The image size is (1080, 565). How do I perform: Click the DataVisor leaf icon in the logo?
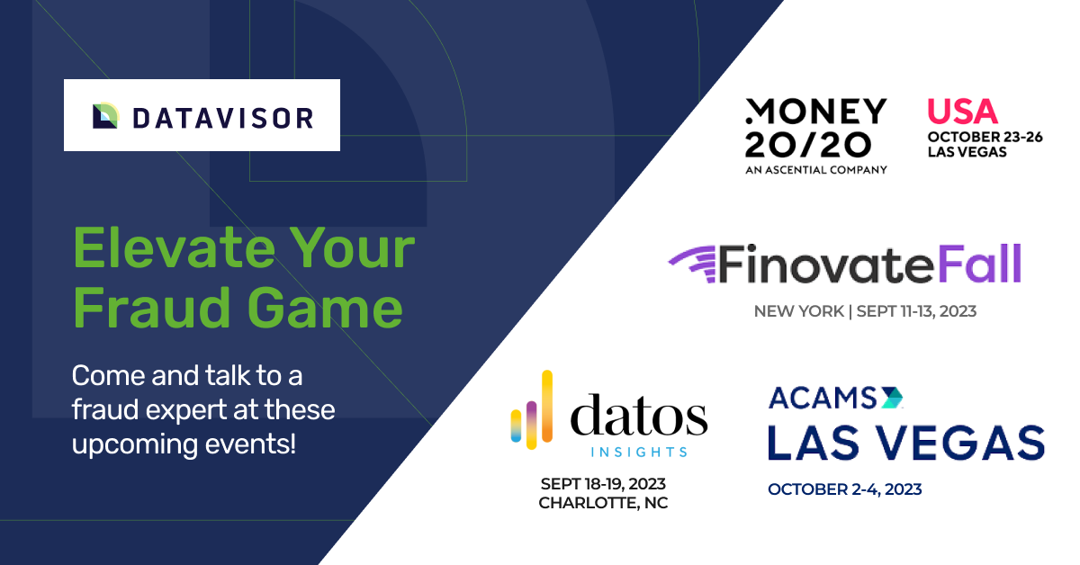click(106, 116)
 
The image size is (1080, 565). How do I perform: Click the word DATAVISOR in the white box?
click(223, 119)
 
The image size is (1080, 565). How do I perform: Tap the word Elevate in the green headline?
click(175, 248)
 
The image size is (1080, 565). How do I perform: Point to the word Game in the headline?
click(325, 308)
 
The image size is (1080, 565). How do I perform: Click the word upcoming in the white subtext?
click(134, 444)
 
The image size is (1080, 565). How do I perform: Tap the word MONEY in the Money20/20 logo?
click(815, 112)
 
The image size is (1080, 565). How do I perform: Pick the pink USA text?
click(962, 112)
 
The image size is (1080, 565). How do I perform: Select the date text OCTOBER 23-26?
click(985, 138)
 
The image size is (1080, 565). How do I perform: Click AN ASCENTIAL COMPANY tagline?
click(816, 170)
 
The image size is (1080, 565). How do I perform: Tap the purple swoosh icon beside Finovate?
click(691, 264)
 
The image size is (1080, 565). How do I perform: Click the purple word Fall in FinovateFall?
click(979, 264)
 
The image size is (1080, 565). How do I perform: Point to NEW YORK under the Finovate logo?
click(799, 311)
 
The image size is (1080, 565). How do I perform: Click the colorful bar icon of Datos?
click(531, 409)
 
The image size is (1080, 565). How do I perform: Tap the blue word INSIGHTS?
click(639, 453)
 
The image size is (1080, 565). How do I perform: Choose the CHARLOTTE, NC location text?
click(603, 503)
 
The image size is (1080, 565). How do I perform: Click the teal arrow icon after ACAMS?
click(892, 398)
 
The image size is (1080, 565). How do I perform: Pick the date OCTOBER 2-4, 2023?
click(845, 489)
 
